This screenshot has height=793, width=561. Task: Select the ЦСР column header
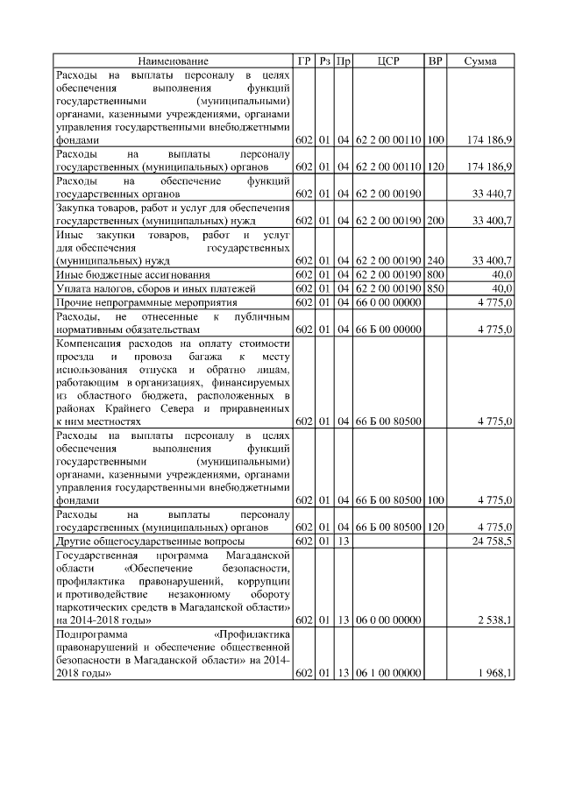coord(388,61)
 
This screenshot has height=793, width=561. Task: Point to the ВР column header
coord(435,61)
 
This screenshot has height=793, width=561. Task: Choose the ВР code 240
coord(435,261)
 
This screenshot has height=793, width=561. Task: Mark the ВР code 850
coord(435,288)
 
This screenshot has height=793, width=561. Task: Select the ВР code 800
coord(435,275)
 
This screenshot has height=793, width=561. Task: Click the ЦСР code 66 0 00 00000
coord(389,302)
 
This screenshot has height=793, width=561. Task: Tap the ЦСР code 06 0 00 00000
coord(389,620)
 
